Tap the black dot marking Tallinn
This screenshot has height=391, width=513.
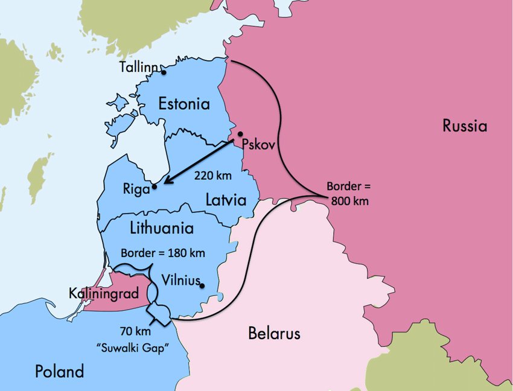pos(164,72)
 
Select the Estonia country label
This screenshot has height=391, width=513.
pos(184,104)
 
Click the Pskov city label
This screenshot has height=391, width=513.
pos(258,144)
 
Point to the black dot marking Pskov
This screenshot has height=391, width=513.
pos(240,134)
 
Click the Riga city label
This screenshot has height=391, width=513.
pos(136,188)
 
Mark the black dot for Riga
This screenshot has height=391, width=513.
pos(155,186)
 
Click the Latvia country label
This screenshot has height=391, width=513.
pos(226,199)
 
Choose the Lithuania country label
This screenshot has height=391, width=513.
pos(162,228)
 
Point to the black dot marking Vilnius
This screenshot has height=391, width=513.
pos(202,286)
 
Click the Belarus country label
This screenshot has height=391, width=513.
pos(274,333)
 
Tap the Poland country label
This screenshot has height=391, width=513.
pos(59,371)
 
